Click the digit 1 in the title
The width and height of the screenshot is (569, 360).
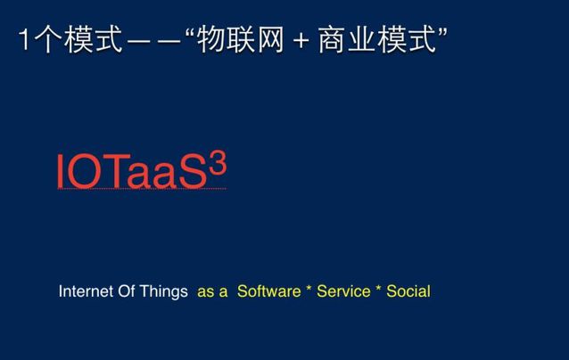[x=24, y=39]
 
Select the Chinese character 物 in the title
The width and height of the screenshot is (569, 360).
[x=210, y=39]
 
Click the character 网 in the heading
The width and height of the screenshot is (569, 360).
[x=269, y=39]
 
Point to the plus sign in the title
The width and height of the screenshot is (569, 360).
[x=301, y=40]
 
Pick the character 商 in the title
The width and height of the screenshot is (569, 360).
[x=332, y=39]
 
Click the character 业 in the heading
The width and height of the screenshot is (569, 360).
[x=362, y=39]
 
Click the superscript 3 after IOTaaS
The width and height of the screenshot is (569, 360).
[x=219, y=163]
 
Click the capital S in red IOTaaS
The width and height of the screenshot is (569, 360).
[x=194, y=171]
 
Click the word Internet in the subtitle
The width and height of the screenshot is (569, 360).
[x=86, y=291]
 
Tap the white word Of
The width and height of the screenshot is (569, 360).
[x=127, y=291]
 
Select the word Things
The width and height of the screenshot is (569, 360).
[x=164, y=292]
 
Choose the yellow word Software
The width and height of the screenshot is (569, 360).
[x=269, y=291]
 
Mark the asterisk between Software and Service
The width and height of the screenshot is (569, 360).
[x=309, y=289]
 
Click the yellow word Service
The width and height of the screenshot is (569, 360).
[x=343, y=291]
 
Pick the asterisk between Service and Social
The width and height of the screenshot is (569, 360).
[x=378, y=289]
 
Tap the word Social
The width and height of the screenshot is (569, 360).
[x=408, y=291]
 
